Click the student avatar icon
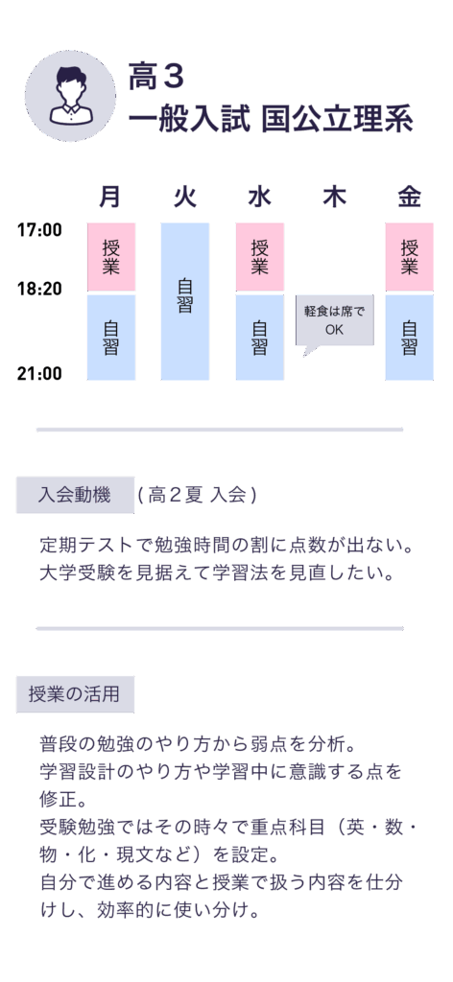tap(70, 96)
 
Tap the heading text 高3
tap(156, 77)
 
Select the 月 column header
tap(110, 198)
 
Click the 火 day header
tap(185, 198)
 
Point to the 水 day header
tap(259, 198)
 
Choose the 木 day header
tap(334, 198)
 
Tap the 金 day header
tap(409, 198)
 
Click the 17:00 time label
tap(39, 230)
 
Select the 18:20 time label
tap(39, 289)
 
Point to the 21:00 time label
tap(39, 374)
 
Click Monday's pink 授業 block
tap(111, 257)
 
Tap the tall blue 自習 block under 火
tap(185, 301)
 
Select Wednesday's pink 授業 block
tap(259, 257)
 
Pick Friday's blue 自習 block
tap(409, 338)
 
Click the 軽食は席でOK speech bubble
tap(335, 320)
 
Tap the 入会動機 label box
tap(75, 496)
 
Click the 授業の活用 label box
tap(75, 694)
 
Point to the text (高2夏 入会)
tap(198, 496)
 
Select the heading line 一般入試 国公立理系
tap(271, 120)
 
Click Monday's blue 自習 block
tap(111, 338)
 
